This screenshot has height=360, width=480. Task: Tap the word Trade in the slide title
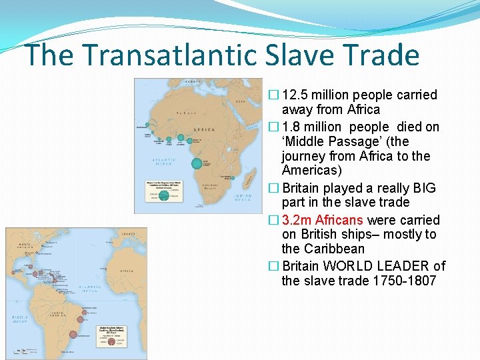379,55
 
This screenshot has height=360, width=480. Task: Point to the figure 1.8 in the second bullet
291,127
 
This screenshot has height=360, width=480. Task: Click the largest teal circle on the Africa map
197,163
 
